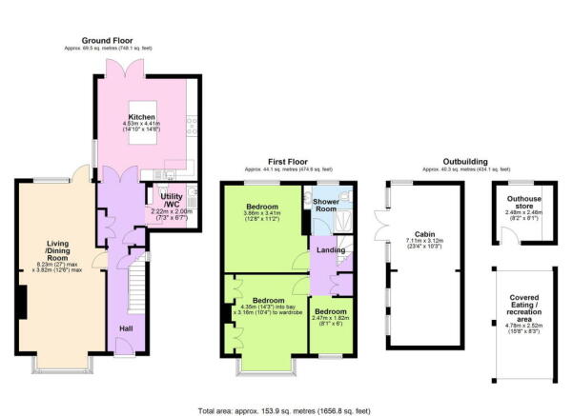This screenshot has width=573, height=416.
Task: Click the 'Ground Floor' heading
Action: click(112, 41)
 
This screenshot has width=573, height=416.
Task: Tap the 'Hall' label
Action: click(126, 328)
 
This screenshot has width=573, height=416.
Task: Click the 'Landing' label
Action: click(331, 250)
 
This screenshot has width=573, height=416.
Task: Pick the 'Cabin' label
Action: click(424, 233)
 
